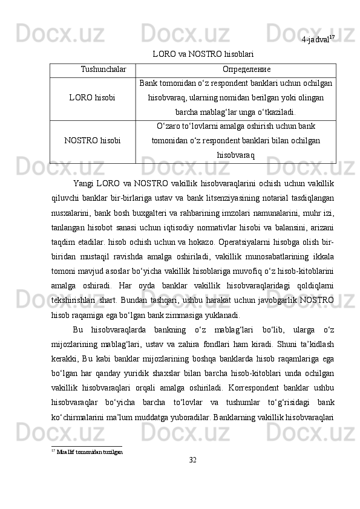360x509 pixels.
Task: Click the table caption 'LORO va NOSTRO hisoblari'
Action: pyautogui.click(x=202, y=54)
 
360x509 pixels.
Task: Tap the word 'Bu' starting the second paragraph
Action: pyautogui.click(x=77, y=329)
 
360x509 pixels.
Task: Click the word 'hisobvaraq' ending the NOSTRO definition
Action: pyautogui.click(x=235, y=155)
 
